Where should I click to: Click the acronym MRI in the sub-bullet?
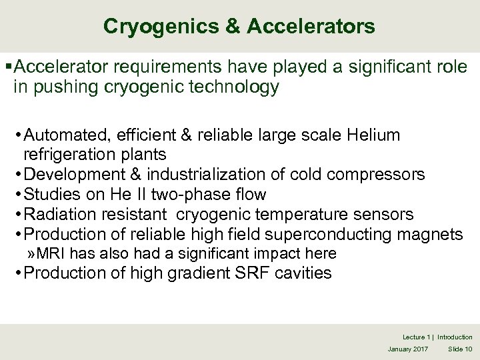[x=51, y=253]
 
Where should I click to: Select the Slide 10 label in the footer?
[x=459, y=349]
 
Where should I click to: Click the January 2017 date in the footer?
[x=409, y=349]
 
